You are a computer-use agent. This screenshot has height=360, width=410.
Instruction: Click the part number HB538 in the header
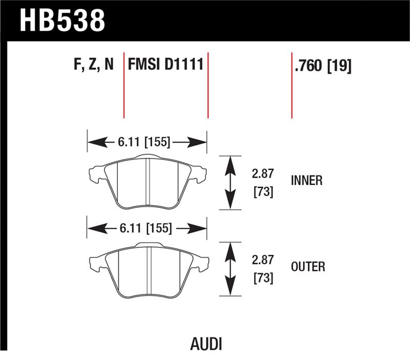[62, 20]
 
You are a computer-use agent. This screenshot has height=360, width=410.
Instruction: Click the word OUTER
[307, 267]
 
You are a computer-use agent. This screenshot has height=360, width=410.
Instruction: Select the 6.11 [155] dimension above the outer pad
[145, 228]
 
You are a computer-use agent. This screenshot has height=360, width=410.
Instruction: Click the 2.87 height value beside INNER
[262, 174]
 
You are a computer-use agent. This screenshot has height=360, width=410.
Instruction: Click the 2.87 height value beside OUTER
[262, 261]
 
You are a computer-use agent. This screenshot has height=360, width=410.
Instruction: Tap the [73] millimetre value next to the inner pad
[262, 192]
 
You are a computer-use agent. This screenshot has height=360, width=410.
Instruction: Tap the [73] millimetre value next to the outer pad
[262, 278]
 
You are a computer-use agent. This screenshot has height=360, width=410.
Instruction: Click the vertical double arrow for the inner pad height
[231, 182]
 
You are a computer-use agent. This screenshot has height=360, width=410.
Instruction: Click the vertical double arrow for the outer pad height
[231, 269]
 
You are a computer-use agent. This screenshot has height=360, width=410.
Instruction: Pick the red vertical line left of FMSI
[124, 85]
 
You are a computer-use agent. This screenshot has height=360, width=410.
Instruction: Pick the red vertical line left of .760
[292, 85]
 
